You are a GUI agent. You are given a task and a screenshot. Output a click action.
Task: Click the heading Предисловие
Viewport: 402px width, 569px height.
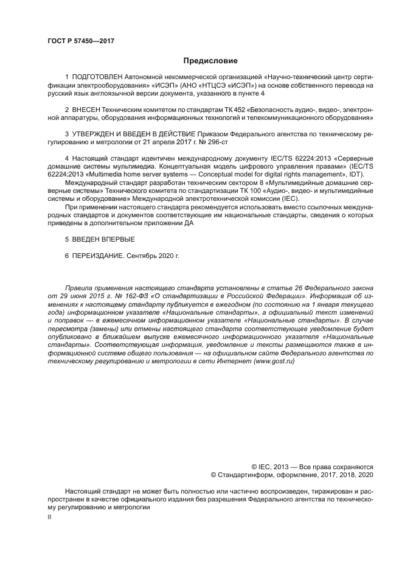(x=210, y=61)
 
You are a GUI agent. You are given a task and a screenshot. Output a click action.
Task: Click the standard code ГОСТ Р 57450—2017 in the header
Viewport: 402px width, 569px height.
(x=81, y=41)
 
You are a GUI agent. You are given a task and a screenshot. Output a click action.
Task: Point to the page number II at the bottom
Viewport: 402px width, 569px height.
(x=49, y=517)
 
